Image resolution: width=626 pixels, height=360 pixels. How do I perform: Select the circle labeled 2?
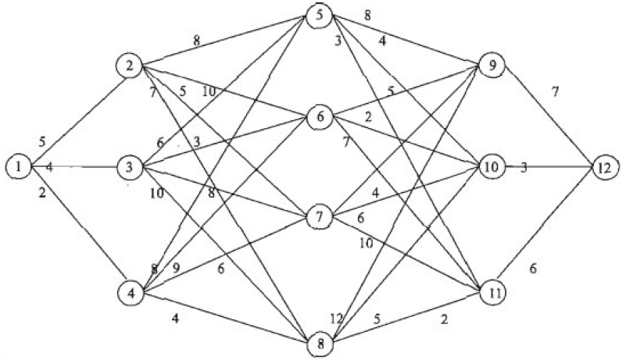[x=128, y=66]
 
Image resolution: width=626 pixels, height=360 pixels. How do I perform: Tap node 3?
[x=128, y=166]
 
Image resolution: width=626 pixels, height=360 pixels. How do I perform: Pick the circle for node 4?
[x=130, y=293]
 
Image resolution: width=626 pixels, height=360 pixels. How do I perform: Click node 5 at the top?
[x=320, y=16]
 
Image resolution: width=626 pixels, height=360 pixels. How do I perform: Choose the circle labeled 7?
[x=320, y=216]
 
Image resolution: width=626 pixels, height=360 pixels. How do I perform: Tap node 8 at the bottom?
[x=320, y=342]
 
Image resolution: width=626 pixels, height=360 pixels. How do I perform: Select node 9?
[x=492, y=66]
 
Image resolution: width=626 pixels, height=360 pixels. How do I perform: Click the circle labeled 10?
[x=492, y=167]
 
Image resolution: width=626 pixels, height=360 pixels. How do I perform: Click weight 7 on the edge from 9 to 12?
[x=555, y=92]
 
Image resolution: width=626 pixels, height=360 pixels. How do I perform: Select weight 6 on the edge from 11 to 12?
[x=533, y=269]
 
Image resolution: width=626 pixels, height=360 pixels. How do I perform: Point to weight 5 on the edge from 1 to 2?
[x=42, y=142]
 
